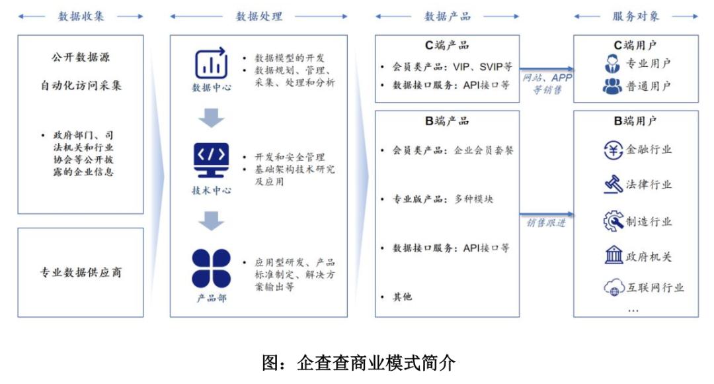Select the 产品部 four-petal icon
tap(211, 268)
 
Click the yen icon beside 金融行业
tap(614, 150)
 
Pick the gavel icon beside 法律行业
tap(614, 185)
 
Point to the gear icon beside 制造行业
tap(614, 221)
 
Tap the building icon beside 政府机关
tap(614, 256)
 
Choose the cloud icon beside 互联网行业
tap(614, 288)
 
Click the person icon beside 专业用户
tap(612, 64)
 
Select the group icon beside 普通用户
tap(612, 86)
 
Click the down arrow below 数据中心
tap(212, 117)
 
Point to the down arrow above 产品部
tap(212, 220)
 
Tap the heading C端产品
tap(447, 46)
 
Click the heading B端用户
tap(635, 120)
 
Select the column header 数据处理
tap(258, 17)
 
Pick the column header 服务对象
tap(635, 17)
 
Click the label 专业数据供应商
tap(80, 272)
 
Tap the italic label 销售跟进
tap(546, 223)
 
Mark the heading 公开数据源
tap(80, 57)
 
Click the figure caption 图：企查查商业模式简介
tap(358, 362)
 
